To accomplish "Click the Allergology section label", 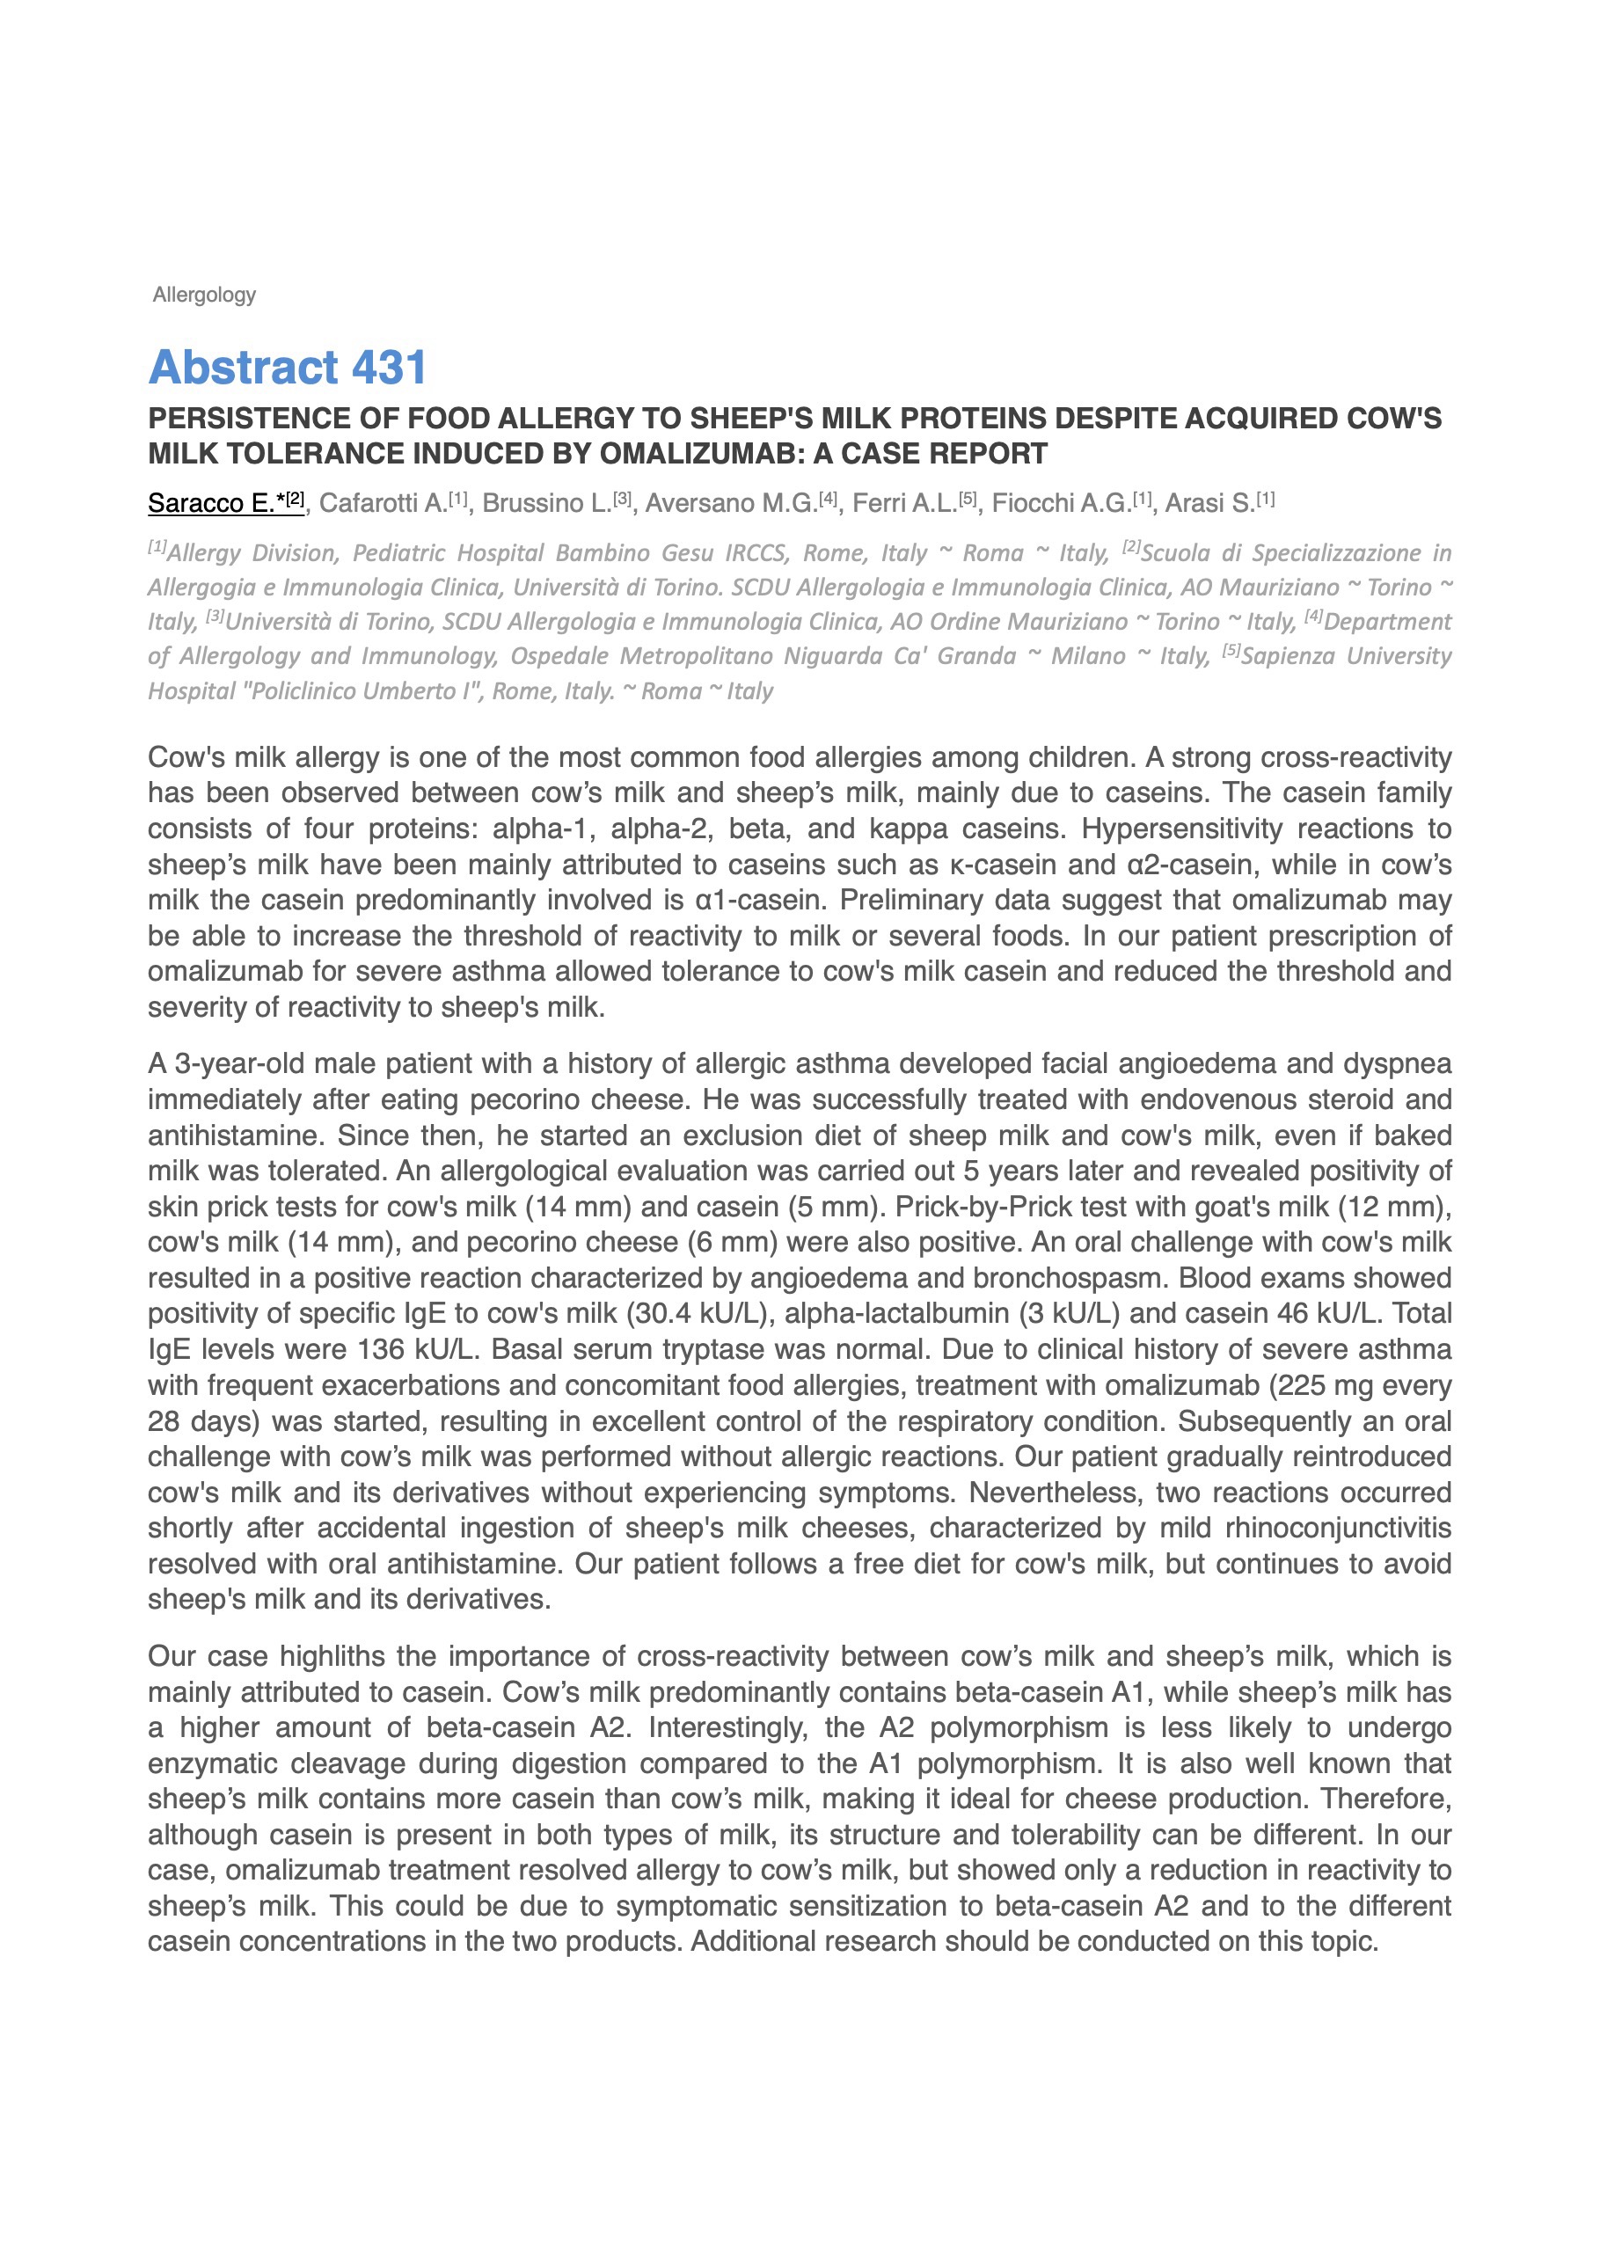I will pos(204,295).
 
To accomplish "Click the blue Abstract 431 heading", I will pos(288,368).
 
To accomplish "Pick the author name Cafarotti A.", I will pos(384,503).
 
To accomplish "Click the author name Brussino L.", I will pos(546,503).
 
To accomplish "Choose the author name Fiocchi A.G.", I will pos(1061,503).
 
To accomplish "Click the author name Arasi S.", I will pos(1209,503).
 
